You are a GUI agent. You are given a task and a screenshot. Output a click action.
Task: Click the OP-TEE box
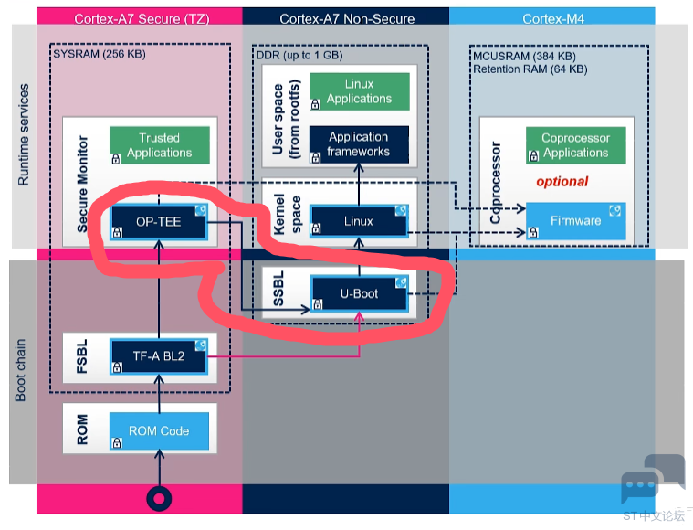pyautogui.click(x=159, y=222)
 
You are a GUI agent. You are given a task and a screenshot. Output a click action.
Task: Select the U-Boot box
pyautogui.click(x=359, y=293)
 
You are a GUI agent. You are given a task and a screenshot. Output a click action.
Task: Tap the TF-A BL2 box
pyautogui.click(x=159, y=356)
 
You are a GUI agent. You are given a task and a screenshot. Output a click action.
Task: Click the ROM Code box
pyautogui.click(x=159, y=431)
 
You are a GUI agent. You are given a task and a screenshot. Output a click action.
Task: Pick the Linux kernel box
pyautogui.click(x=359, y=221)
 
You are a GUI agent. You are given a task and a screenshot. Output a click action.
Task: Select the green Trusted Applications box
pyautogui.click(x=160, y=145)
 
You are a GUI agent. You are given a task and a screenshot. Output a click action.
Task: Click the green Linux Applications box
pyautogui.click(x=360, y=91)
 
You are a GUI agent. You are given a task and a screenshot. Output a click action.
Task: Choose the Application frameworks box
pyautogui.click(x=359, y=144)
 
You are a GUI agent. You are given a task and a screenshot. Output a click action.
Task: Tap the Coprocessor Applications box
pyautogui.click(x=576, y=145)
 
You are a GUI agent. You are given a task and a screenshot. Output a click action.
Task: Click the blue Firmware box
pyautogui.click(x=576, y=221)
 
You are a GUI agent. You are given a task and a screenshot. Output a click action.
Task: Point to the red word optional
pyautogui.click(x=562, y=181)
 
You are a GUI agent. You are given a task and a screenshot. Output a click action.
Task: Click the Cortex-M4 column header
pyautogui.click(x=553, y=19)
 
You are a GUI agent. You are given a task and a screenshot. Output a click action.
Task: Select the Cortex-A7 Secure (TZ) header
pyautogui.click(x=142, y=19)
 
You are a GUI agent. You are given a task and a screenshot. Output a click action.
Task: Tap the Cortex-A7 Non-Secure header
pyautogui.click(x=347, y=19)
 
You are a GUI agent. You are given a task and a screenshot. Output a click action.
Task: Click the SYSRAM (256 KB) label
pyautogui.click(x=100, y=54)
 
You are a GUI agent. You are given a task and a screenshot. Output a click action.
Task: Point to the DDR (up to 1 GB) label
pyautogui.click(x=299, y=56)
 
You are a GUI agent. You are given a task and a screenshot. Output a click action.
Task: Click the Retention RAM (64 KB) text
pyautogui.click(x=530, y=69)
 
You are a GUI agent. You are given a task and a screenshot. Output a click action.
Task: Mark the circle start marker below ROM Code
pyautogui.click(x=159, y=499)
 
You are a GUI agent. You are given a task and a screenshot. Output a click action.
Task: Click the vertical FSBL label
pyautogui.click(x=82, y=356)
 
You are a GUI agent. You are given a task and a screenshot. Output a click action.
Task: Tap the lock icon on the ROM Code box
pyautogui.click(x=117, y=442)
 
